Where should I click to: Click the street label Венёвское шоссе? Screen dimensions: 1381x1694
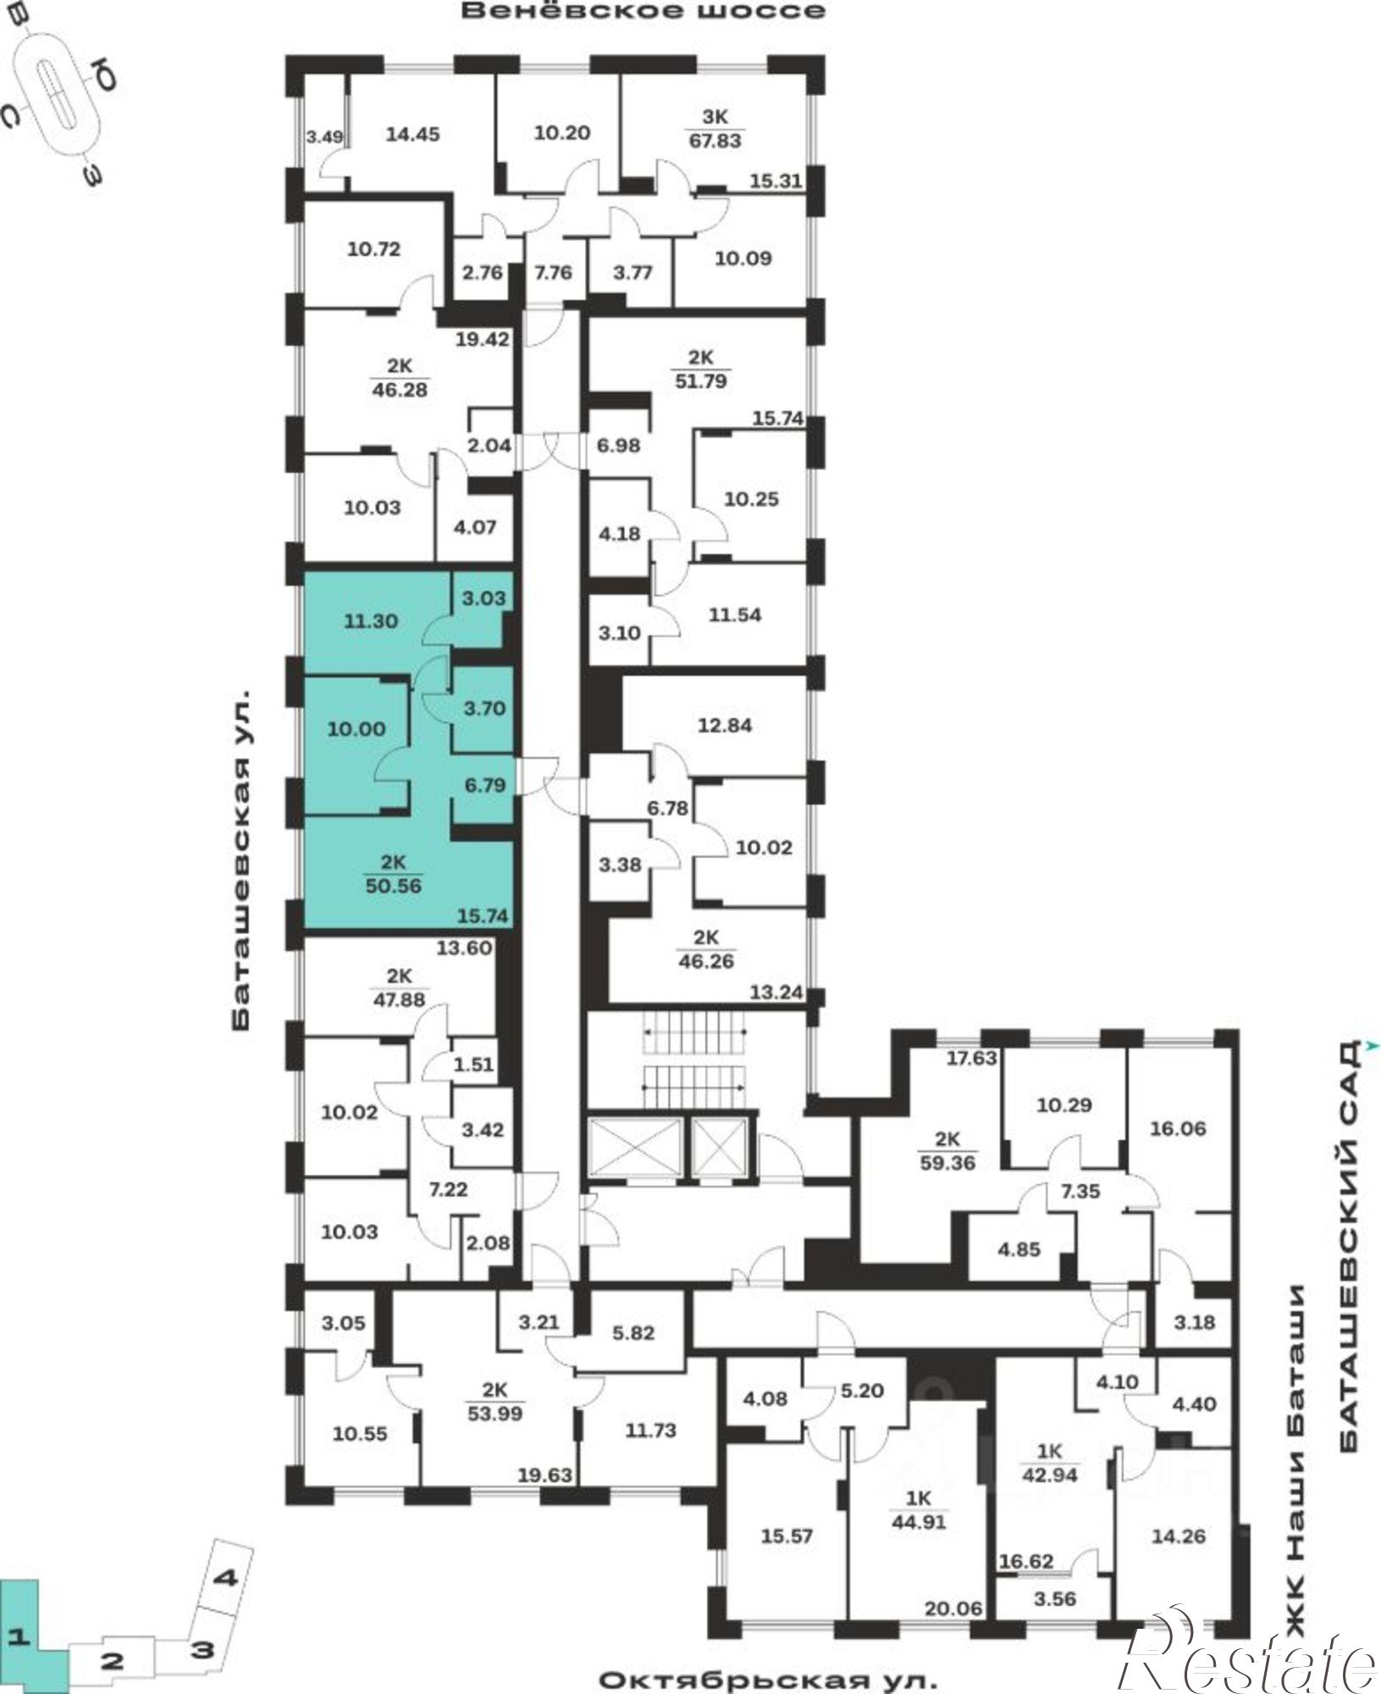click(x=644, y=11)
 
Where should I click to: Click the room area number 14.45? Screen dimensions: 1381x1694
click(x=412, y=134)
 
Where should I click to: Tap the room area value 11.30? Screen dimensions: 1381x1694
click(x=371, y=621)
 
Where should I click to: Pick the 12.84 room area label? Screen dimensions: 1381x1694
click(x=726, y=726)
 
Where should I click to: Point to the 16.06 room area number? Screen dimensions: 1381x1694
click(x=1178, y=1129)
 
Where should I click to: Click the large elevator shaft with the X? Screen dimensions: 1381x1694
click(x=634, y=1148)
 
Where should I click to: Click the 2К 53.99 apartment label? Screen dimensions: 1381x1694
click(x=495, y=1402)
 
